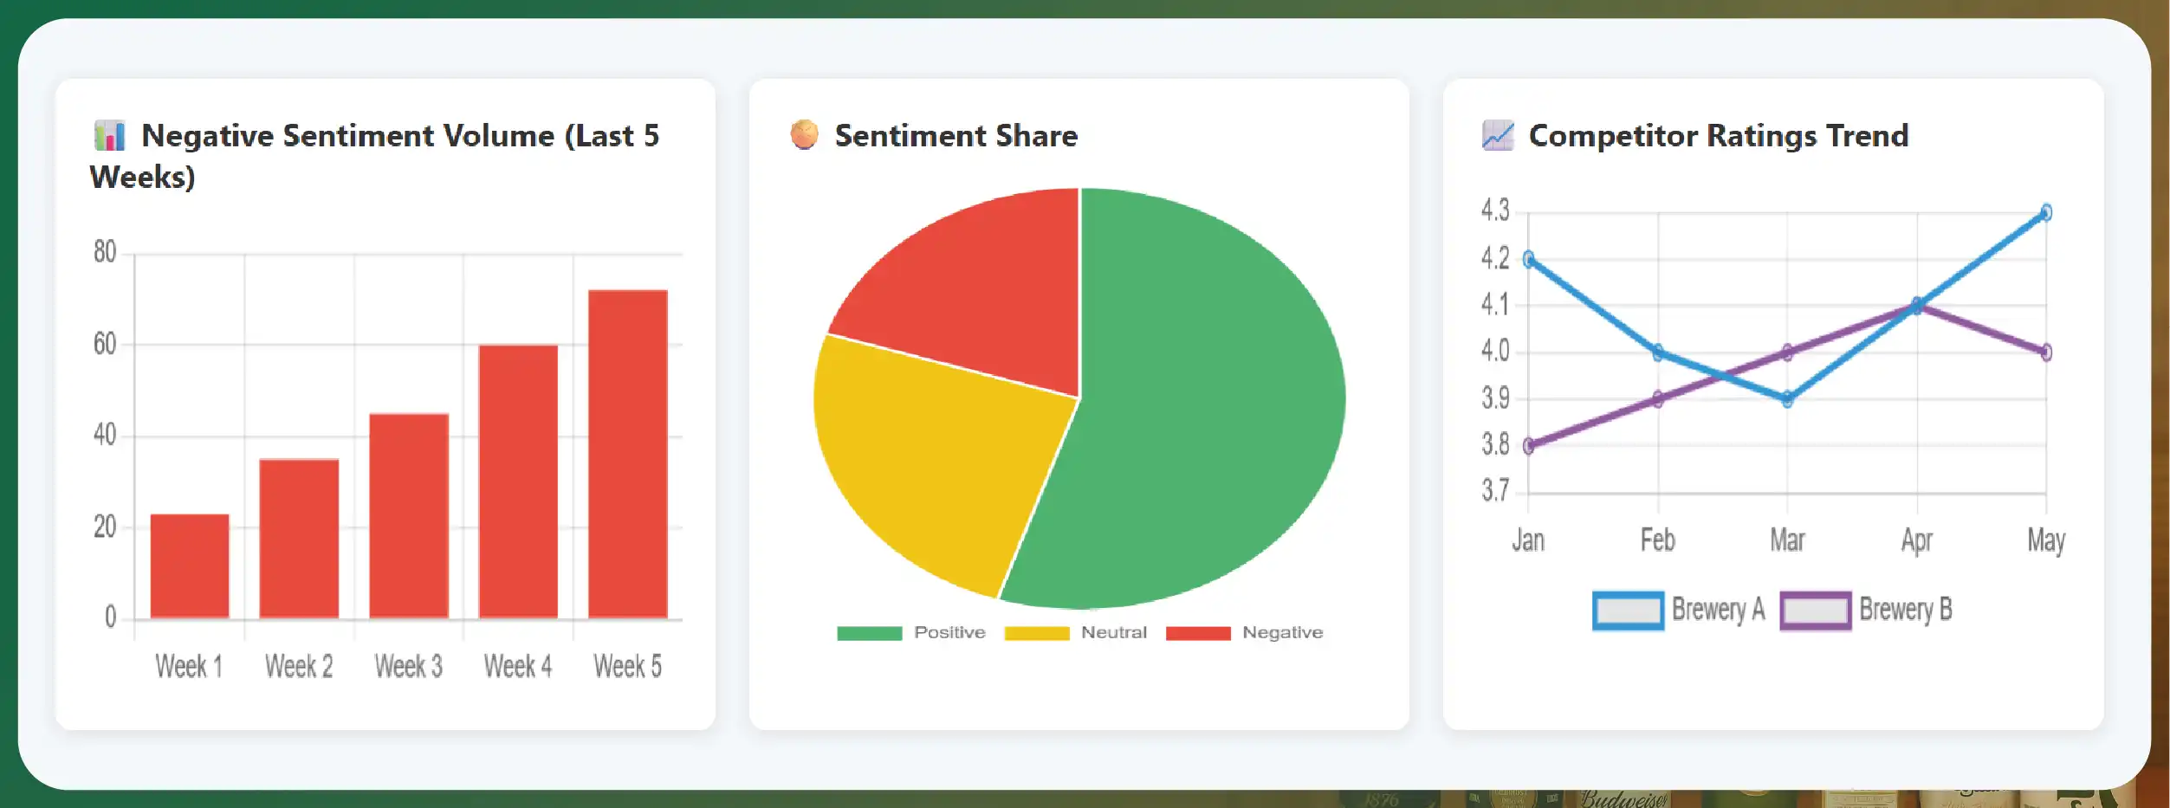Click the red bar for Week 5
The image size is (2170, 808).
coord(628,454)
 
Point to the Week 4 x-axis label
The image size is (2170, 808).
coord(518,666)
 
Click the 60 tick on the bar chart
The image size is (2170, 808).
coord(105,345)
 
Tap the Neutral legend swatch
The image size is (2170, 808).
coord(1036,633)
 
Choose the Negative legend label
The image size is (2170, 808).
coord(1282,632)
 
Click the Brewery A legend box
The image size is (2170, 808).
coord(1628,611)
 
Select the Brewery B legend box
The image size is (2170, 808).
coord(1816,611)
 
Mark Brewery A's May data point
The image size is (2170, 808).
coord(2046,212)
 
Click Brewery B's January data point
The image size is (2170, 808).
coord(1529,446)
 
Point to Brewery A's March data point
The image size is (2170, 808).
coord(1787,399)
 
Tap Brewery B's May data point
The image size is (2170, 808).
coord(2046,352)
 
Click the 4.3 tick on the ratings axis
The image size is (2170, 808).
coord(1495,210)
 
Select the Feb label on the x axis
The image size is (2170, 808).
coord(1657,540)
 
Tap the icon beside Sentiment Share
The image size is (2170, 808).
coord(804,134)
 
